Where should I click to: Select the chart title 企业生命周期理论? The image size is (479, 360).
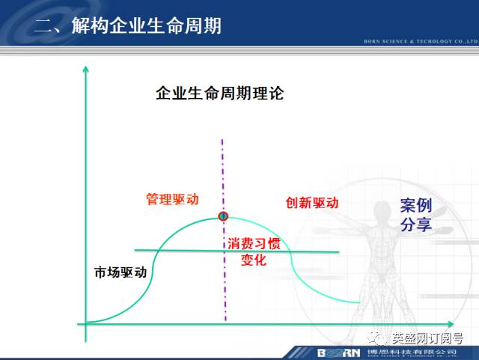point(219,94)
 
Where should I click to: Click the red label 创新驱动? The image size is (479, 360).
point(312,203)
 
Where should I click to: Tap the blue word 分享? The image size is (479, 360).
point(416,225)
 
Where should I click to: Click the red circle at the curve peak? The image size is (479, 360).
point(222,216)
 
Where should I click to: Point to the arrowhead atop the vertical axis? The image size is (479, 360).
point(87,68)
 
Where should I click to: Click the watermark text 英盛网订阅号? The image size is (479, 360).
point(430,339)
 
